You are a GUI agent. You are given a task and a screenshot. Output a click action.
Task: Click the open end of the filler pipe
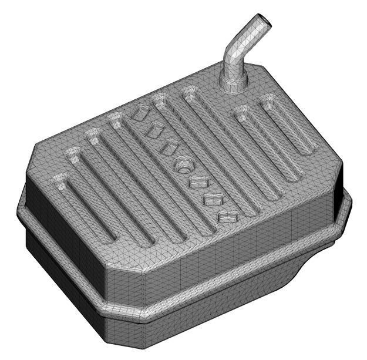[x=264, y=22]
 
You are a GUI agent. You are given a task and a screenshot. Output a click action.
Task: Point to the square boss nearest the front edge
[x=226, y=217]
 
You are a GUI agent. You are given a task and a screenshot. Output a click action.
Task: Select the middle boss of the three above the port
[x=155, y=129]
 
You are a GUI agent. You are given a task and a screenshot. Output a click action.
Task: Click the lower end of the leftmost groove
[x=109, y=238]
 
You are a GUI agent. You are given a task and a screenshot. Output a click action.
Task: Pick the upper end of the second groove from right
[x=241, y=111]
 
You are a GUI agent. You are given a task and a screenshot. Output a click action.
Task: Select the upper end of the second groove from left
[x=75, y=155]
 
